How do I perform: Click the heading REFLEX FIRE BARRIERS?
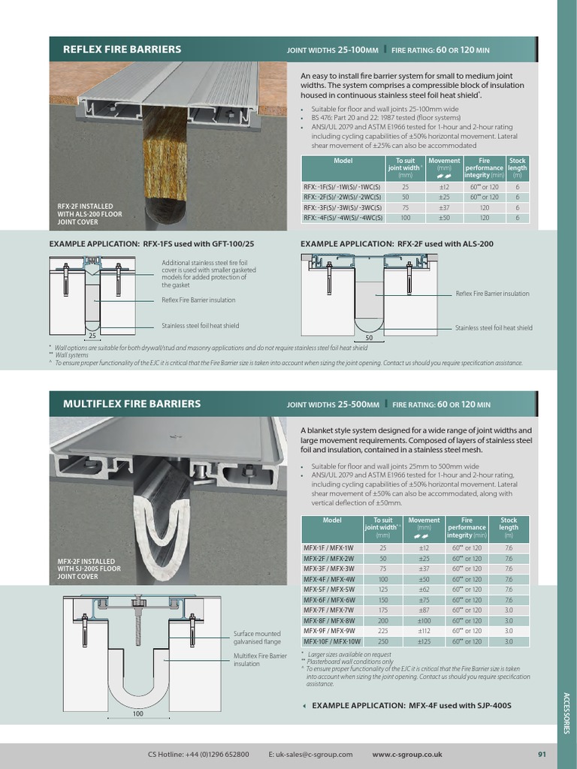122,50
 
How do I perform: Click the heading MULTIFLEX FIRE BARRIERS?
131,404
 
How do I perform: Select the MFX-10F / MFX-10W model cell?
332,641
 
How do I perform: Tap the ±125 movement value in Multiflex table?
424,641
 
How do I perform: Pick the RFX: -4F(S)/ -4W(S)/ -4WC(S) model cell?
343,218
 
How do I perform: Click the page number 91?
542,755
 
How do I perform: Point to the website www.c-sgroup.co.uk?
406,755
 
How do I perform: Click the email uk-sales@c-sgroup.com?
310,755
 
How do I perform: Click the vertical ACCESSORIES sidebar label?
566,713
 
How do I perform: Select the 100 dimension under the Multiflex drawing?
138,713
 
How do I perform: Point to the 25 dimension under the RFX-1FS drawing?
92,336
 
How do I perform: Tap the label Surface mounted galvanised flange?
257,638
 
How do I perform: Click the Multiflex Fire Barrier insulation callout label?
260,659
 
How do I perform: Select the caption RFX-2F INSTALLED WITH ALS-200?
89,214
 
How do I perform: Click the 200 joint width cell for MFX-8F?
383,621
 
